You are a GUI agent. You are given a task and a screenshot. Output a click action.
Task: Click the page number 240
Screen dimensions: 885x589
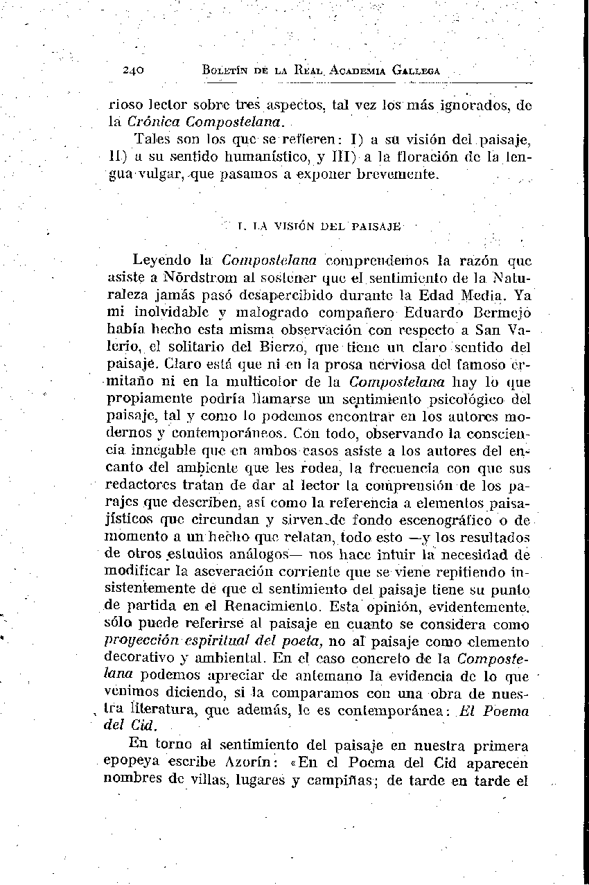coord(132,70)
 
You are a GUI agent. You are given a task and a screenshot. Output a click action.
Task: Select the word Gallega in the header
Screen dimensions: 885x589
coord(416,70)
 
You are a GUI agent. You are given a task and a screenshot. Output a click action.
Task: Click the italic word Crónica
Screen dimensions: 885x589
coord(152,123)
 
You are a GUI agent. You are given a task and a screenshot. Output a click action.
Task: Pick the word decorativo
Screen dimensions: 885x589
coord(136,657)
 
